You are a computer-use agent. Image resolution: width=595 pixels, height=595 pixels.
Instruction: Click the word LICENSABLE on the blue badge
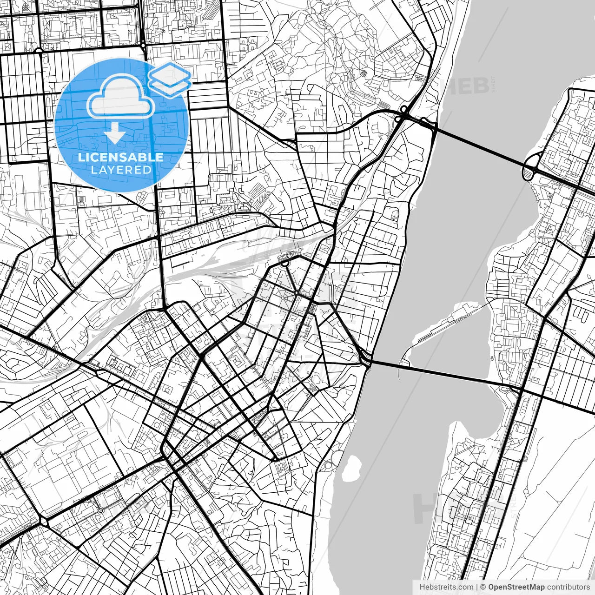pyautogui.click(x=120, y=157)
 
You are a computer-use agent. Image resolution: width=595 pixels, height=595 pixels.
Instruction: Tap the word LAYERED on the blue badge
pyautogui.click(x=121, y=170)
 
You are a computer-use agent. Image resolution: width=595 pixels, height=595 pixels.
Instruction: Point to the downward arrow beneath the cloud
pyautogui.click(x=114, y=135)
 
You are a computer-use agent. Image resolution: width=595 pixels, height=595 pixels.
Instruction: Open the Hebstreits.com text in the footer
pyautogui.click(x=446, y=587)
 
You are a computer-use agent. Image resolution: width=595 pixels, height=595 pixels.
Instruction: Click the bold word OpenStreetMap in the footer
pyautogui.click(x=516, y=587)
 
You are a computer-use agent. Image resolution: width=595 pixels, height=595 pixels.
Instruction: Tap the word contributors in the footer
pyautogui.click(x=568, y=587)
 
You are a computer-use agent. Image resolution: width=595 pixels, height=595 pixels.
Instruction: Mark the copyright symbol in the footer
pyautogui.click(x=483, y=587)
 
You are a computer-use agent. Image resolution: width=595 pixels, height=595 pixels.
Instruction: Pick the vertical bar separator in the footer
pyautogui.click(x=477, y=587)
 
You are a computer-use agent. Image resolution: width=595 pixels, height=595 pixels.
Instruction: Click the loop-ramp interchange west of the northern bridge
pyautogui.click(x=403, y=114)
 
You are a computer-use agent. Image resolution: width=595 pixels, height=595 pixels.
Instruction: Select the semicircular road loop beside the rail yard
pyautogui.click(x=284, y=264)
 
